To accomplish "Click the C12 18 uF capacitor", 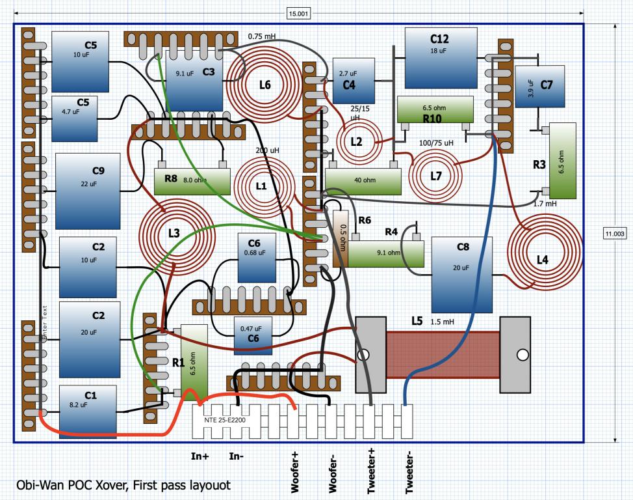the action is pyautogui.click(x=441, y=58).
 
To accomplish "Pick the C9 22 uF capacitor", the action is pyautogui.click(x=88, y=191).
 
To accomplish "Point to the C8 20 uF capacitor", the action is pyautogui.click(x=462, y=275).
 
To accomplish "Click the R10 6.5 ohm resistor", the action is pyautogui.click(x=435, y=109).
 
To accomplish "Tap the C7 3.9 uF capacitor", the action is pyautogui.click(x=540, y=87).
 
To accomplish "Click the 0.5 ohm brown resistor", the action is pyautogui.click(x=341, y=239).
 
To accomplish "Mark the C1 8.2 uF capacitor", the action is pyautogui.click(x=88, y=411).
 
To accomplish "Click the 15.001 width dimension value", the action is pyautogui.click(x=298, y=14).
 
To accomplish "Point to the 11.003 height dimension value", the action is pyautogui.click(x=614, y=234).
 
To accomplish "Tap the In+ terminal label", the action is pyautogui.click(x=200, y=456).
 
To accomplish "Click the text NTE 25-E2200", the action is pyautogui.click(x=225, y=420).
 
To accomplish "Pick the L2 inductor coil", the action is pyautogui.click(x=359, y=141).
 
